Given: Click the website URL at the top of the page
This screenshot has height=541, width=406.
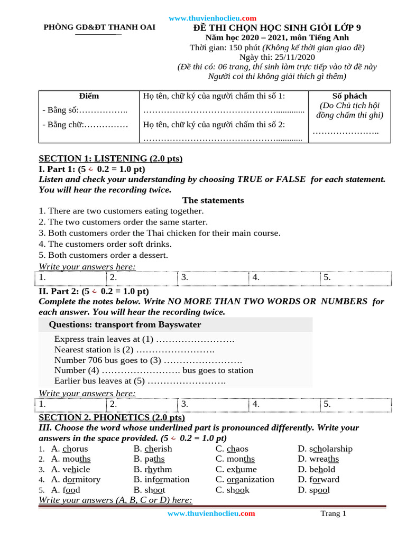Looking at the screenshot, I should (213, 18).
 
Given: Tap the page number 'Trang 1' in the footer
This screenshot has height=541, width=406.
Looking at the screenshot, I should (333, 514).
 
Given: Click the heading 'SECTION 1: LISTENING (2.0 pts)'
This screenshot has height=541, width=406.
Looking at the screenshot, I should (110, 158).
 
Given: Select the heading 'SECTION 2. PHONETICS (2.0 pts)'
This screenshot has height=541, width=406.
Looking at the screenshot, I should (112, 417).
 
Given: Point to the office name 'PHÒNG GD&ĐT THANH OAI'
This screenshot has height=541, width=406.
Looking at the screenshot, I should (99, 27).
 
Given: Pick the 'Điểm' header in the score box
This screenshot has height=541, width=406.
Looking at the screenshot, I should (89, 96).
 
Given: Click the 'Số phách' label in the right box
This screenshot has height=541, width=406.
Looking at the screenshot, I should (349, 96).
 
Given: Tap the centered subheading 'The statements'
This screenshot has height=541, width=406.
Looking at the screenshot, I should (213, 200).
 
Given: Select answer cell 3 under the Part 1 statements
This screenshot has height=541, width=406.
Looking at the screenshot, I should (213, 277).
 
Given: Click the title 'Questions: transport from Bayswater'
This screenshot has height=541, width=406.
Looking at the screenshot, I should (125, 324).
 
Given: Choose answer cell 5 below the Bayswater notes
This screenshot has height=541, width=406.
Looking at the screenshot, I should (355, 404).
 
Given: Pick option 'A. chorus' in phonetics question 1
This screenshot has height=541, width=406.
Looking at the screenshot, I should (69, 449).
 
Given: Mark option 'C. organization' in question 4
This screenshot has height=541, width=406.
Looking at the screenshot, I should (245, 479).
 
